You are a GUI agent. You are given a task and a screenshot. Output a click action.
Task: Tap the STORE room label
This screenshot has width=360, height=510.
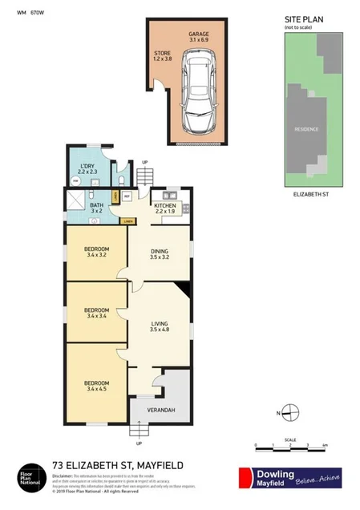(x=163, y=54)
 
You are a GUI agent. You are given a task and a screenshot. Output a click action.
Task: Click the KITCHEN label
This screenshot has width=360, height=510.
(x=164, y=204)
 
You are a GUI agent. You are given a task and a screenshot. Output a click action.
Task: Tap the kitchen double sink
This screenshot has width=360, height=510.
(x=169, y=194)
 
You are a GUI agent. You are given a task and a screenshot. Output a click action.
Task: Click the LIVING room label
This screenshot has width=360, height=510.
(x=160, y=325)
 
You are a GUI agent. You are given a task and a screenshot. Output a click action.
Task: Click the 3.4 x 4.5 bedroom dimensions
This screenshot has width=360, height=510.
(x=95, y=391)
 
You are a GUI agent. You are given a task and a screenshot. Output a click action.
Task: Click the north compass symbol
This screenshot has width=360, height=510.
(x=290, y=414)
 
